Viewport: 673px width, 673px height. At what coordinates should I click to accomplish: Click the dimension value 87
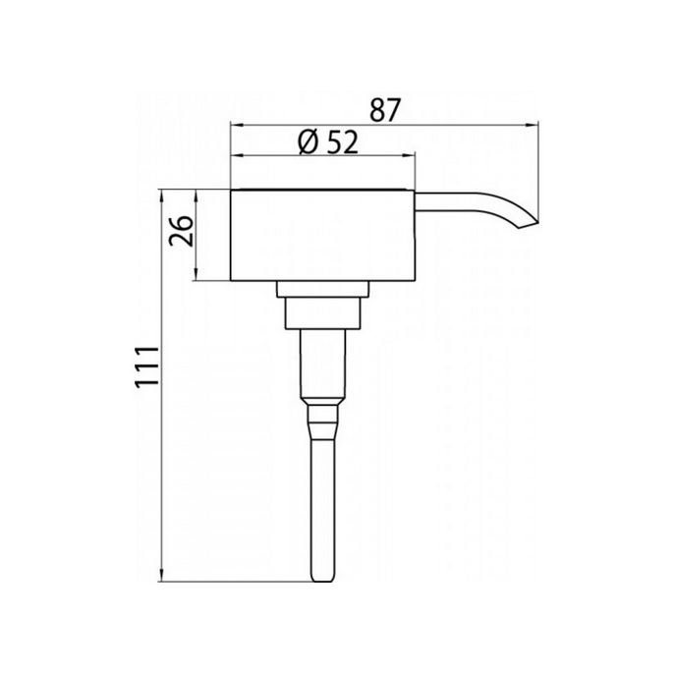[384, 109]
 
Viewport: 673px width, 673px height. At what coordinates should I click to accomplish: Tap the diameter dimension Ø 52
[324, 142]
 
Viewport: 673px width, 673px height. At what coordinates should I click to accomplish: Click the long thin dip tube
[321, 501]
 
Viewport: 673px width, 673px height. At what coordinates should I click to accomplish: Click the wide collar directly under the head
[323, 288]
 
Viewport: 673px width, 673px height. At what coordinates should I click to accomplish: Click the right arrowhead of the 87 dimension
[535, 124]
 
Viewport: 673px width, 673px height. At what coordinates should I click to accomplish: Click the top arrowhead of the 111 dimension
[160, 195]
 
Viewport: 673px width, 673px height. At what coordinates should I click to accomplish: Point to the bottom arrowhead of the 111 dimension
[160, 577]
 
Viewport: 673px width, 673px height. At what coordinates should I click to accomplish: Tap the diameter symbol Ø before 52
[305, 142]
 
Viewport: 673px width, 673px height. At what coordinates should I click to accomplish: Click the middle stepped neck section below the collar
[322, 312]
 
